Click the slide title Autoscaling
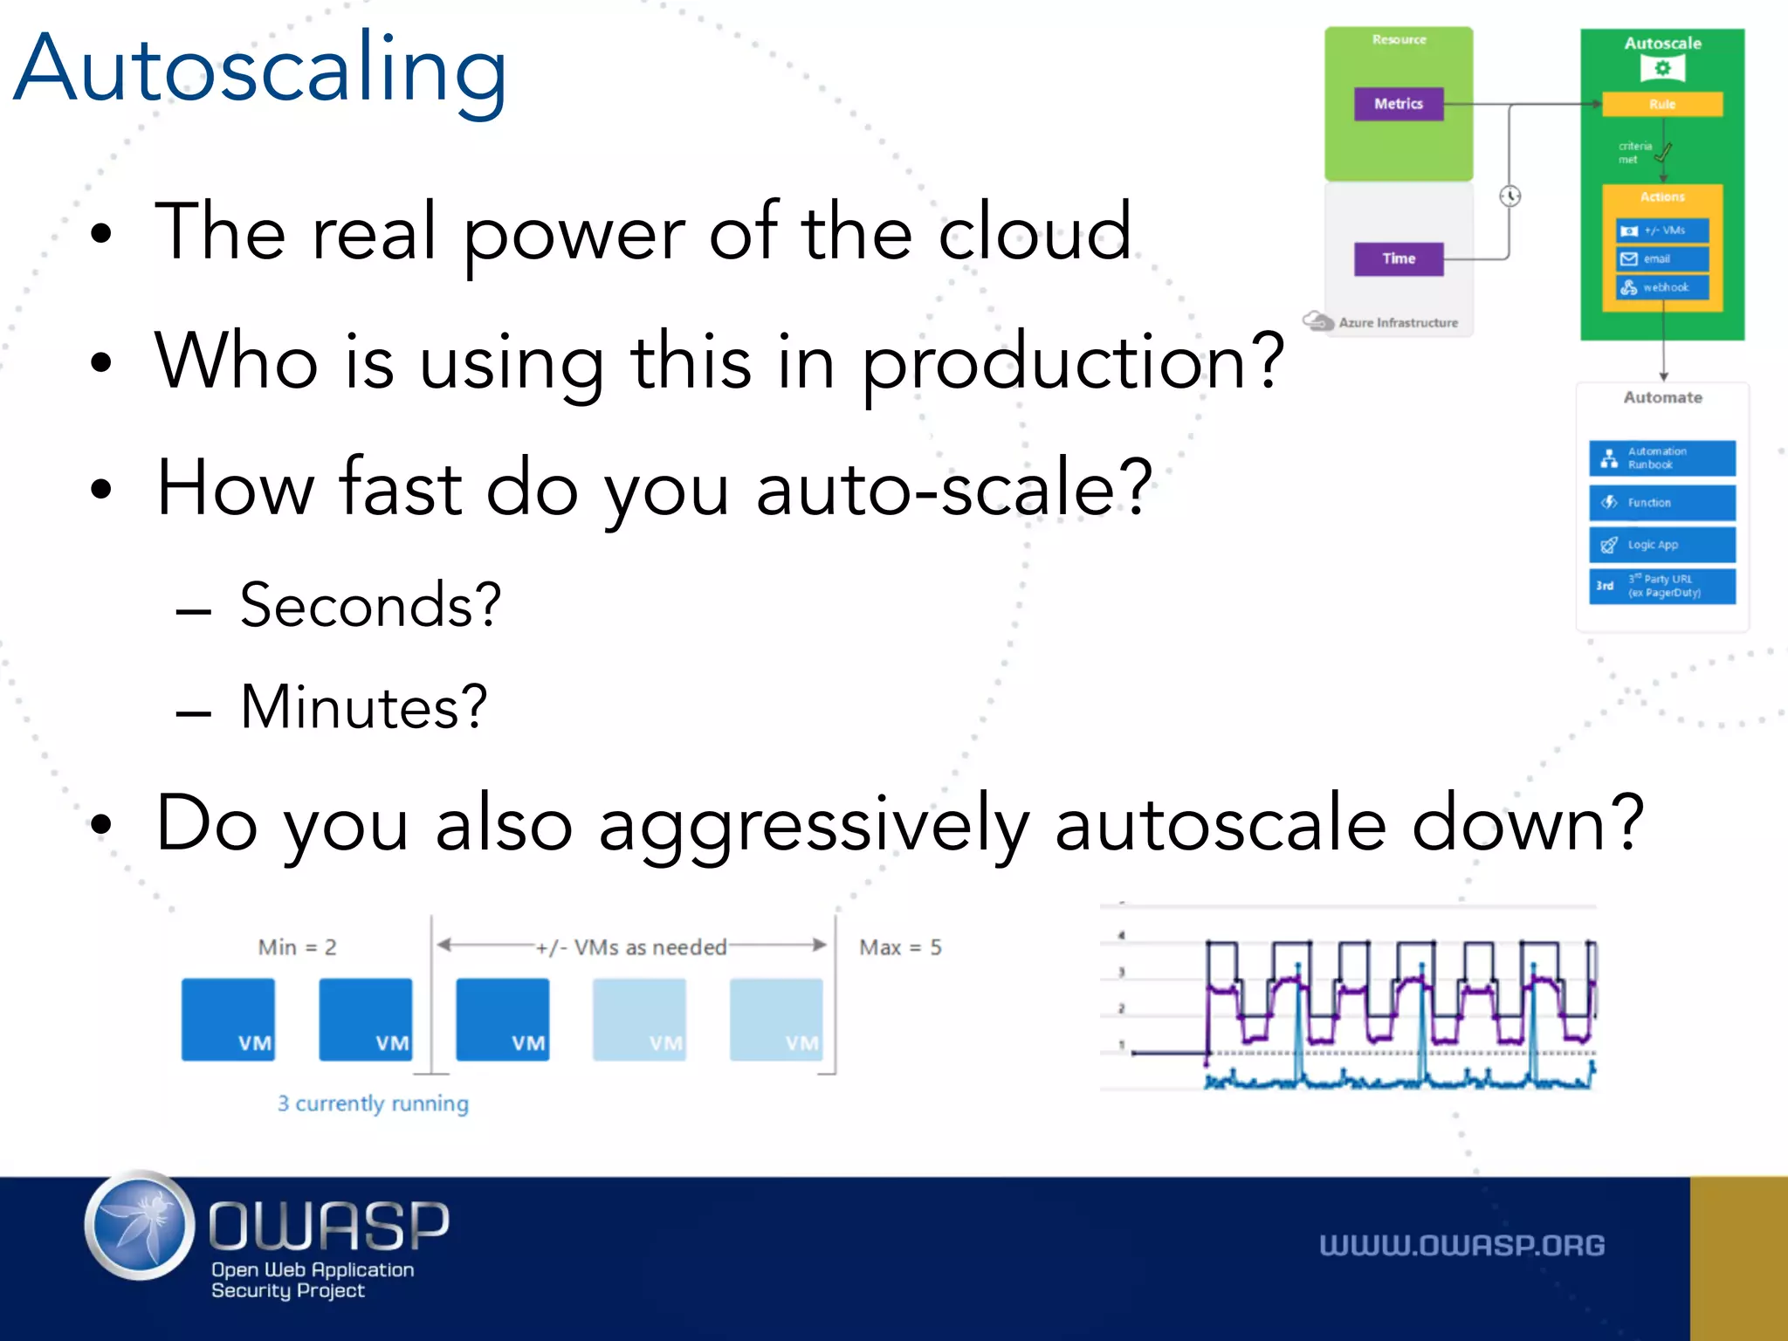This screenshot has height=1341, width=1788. click(260, 70)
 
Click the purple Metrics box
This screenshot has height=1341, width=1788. click(1399, 104)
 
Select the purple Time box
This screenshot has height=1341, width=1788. click(1399, 258)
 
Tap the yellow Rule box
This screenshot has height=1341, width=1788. click(1662, 104)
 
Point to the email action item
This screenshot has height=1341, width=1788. click(1662, 259)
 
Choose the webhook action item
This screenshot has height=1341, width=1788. click(1662, 287)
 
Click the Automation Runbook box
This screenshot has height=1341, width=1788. click(1662, 458)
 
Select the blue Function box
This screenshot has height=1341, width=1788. click(1662, 503)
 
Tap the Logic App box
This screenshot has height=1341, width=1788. click(1662, 545)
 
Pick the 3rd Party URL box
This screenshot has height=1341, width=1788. click(1662, 586)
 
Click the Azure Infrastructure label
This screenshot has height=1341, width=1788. click(1398, 323)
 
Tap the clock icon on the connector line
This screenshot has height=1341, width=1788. click(1510, 196)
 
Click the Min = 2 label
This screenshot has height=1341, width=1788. click(297, 947)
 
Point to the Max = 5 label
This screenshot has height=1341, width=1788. click(900, 947)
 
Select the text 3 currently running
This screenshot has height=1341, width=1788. click(373, 1104)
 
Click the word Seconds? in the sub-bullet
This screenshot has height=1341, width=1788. click(371, 605)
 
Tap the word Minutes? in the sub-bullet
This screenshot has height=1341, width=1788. click(364, 706)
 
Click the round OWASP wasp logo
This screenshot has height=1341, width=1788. click(140, 1226)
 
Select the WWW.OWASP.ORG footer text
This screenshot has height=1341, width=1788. click(1461, 1246)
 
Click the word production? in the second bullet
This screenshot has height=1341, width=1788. click(1073, 362)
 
